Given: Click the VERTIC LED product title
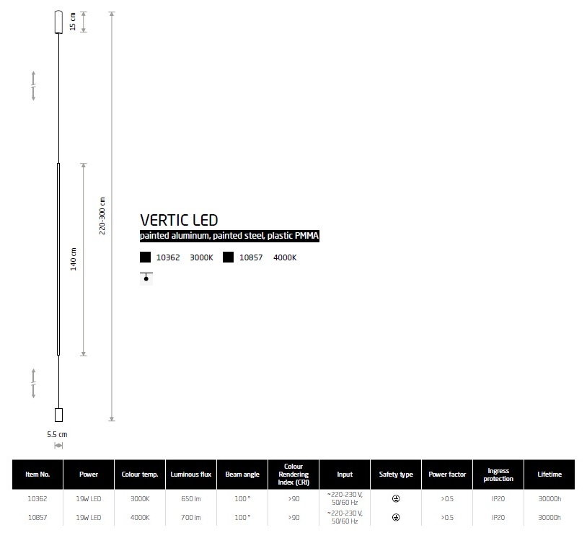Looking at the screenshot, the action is (x=179, y=220).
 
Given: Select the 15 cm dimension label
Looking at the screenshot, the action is (x=73, y=22).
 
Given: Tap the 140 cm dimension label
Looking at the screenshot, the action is (x=74, y=259).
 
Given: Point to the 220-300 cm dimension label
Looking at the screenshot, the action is (x=102, y=216).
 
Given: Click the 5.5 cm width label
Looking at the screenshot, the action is (x=57, y=434).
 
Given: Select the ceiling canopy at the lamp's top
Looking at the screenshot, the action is (x=59, y=22).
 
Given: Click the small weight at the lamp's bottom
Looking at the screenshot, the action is (x=59, y=415).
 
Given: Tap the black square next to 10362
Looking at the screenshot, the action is (x=145, y=257).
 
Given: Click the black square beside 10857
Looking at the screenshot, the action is (x=228, y=257).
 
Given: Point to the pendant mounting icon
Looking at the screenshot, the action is (x=146, y=278).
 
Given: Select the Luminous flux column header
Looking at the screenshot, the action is (x=191, y=475).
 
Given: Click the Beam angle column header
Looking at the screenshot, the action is (x=242, y=475).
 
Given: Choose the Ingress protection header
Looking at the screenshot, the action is (x=498, y=475).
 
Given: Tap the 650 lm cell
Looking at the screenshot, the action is (x=191, y=498).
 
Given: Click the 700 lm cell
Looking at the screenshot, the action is (x=191, y=517).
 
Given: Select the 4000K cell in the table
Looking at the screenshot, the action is (x=140, y=517).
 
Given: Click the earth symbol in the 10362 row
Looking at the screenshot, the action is (x=396, y=498).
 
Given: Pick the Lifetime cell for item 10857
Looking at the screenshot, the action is (x=550, y=517).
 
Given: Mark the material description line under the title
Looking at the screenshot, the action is (x=229, y=236).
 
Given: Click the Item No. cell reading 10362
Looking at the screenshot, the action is (x=37, y=498).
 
